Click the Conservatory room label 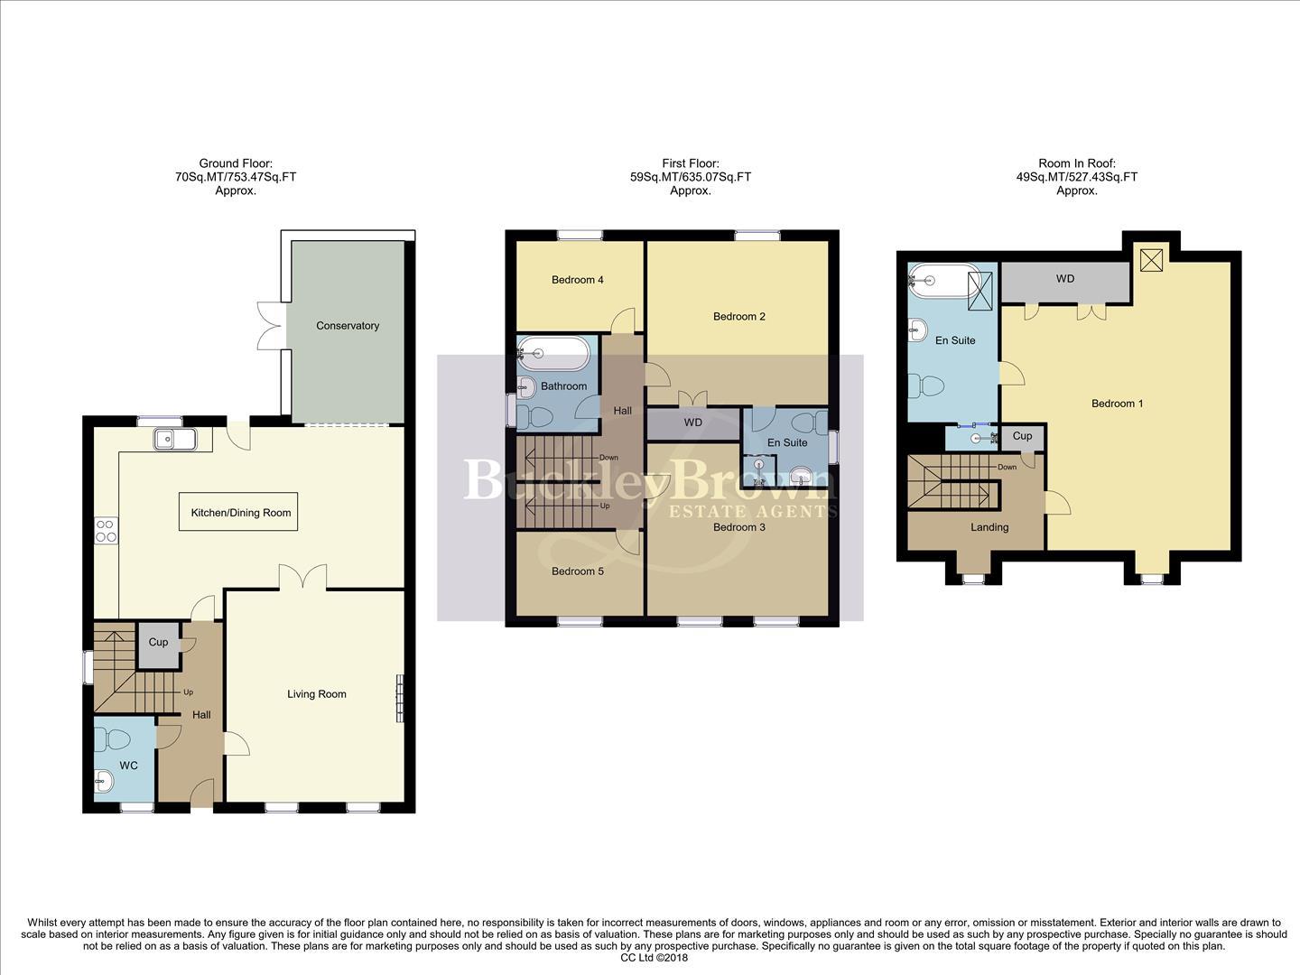[x=348, y=326]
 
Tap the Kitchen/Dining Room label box [x=240, y=513]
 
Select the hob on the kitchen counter [x=106, y=530]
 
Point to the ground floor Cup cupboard [x=158, y=643]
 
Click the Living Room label [x=317, y=694]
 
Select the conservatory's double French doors [x=271, y=326]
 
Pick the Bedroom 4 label [x=578, y=280]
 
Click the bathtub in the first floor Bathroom [x=554, y=353]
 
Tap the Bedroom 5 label [x=578, y=571]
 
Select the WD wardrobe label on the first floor [x=693, y=422]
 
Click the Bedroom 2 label [x=739, y=316]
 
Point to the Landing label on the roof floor [x=989, y=527]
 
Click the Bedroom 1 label [x=1117, y=404]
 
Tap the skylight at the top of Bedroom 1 [x=1151, y=260]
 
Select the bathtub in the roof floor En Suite [x=943, y=281]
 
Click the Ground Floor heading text [x=236, y=163]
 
